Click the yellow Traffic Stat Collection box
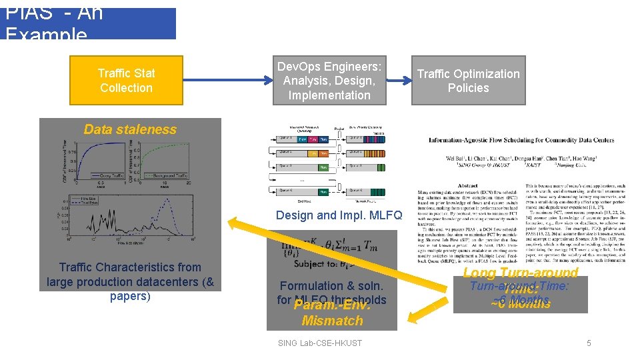pos(126,81)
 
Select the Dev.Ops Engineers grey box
pos(329,81)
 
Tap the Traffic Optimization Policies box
pos(468,81)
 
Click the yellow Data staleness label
pos(130,129)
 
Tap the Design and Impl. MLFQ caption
pos(339,215)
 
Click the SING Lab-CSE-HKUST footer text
pos(319,343)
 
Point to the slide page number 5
pos(588,343)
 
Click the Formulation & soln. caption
pos(331,285)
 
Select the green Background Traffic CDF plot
pos(163,157)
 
